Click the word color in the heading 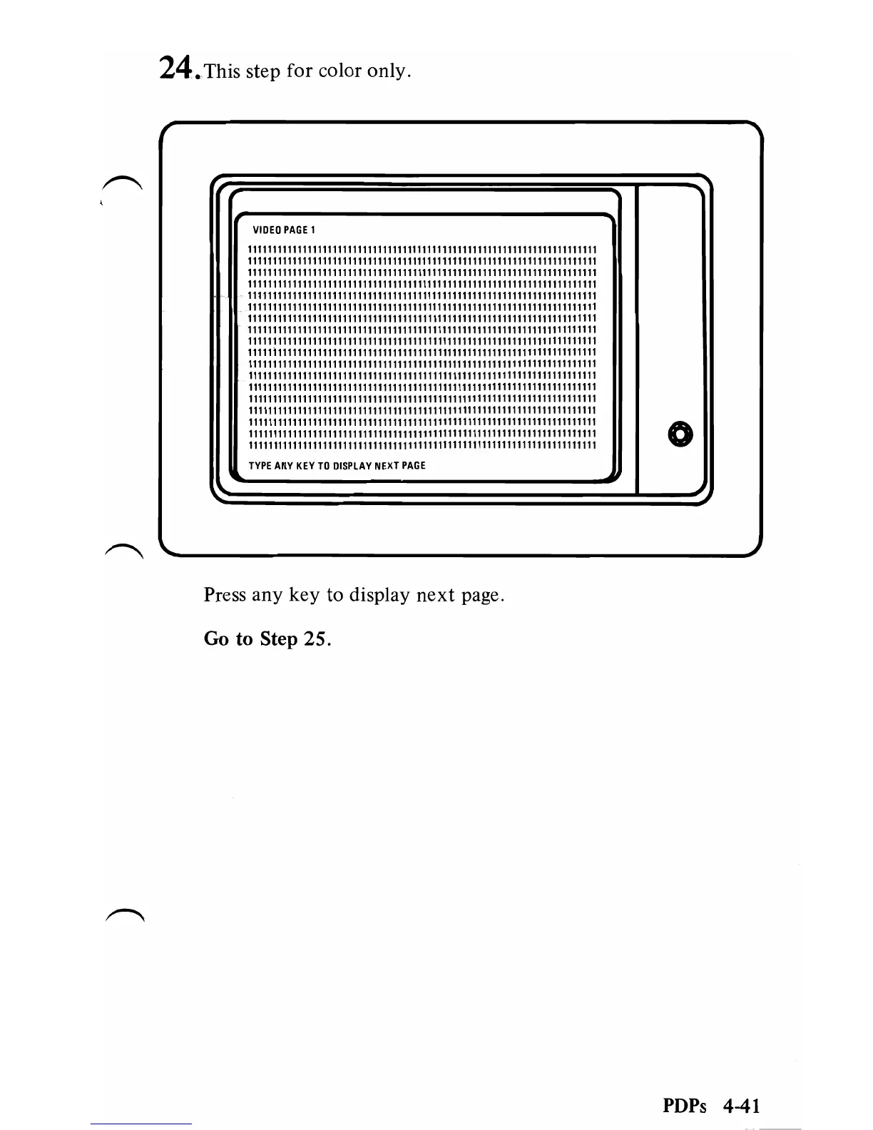pos(344,71)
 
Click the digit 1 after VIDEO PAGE pos(313,230)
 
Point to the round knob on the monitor pos(679,434)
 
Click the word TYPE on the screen pos(260,466)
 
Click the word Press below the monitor pos(225,595)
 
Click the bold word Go pos(217,638)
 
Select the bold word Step pos(278,640)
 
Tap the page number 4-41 pos(740,1106)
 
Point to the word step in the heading pos(263,73)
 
